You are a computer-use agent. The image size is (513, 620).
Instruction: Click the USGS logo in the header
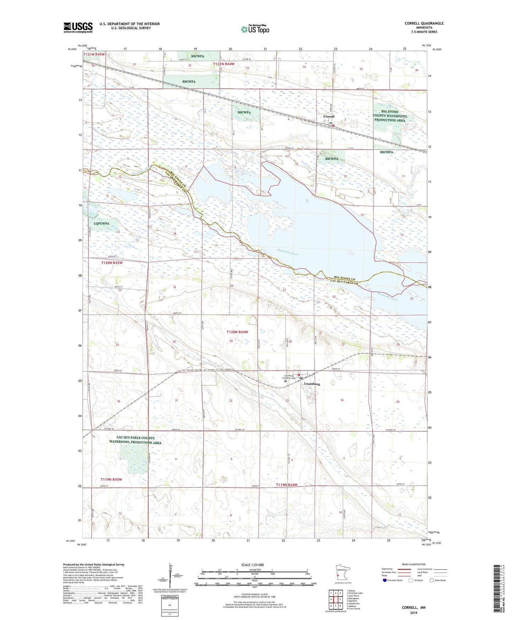78,27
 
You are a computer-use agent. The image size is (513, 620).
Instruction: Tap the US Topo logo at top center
255,29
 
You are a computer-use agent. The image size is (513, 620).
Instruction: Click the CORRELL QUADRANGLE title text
424,23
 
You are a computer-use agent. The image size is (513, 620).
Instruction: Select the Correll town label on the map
329,116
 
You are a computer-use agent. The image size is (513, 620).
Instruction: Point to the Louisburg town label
312,384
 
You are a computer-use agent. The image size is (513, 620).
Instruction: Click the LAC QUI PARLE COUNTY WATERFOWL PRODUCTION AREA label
135,440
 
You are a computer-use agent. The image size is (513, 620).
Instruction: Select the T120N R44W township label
237,332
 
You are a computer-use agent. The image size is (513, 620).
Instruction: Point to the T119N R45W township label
111,479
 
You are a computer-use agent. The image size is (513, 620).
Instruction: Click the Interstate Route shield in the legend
385,580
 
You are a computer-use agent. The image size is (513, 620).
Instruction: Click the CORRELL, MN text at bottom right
413,608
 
